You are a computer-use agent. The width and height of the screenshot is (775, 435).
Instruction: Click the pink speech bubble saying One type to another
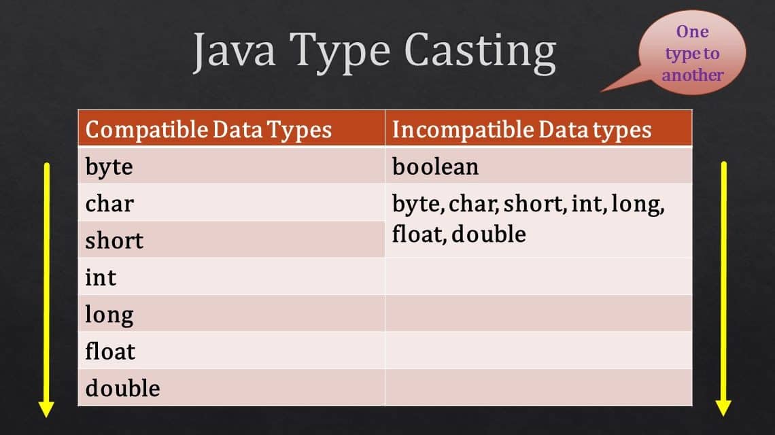click(693, 54)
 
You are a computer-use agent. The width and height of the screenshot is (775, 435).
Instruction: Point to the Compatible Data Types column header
click(209, 130)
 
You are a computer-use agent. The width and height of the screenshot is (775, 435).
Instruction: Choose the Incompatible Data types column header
click(521, 130)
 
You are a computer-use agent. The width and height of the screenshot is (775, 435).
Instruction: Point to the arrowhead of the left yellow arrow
click(46, 408)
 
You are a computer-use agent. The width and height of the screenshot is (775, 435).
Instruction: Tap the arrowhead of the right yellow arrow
click(723, 407)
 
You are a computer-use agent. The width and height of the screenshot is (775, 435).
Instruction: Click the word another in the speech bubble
click(693, 75)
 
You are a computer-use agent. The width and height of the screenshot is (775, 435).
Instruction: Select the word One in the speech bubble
click(692, 32)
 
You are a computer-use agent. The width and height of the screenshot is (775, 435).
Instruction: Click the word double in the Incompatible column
click(488, 234)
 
